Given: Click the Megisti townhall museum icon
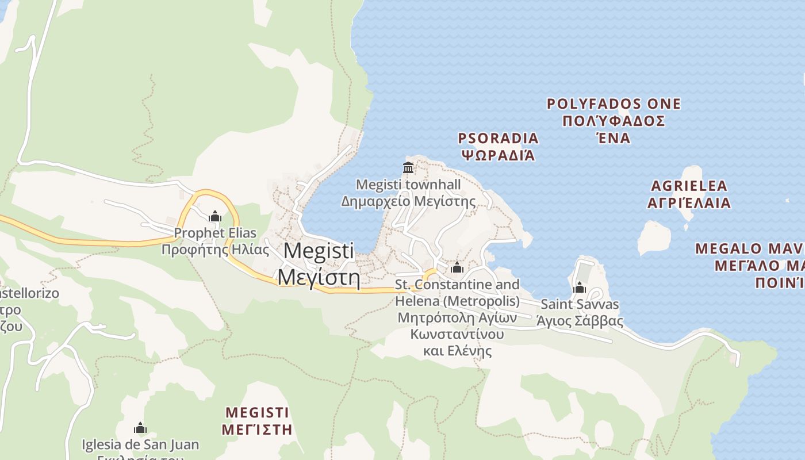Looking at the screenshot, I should click(408, 168).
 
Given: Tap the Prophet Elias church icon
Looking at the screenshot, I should click(215, 217).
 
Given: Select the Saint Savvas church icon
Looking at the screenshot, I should click(579, 287).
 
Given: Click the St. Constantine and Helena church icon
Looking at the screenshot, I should click(457, 268).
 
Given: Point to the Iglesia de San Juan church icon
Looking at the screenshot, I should click(140, 428).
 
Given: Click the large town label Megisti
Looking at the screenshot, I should click(319, 251).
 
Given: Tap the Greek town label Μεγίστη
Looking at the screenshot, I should click(319, 278).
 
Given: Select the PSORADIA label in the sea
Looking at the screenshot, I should click(498, 138).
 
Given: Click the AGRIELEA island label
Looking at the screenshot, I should click(689, 186).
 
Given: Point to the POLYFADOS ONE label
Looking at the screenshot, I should click(614, 104).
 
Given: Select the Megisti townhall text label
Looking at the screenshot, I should click(408, 185).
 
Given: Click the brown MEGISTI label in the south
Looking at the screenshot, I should click(257, 412).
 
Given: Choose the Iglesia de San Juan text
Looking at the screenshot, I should click(140, 444).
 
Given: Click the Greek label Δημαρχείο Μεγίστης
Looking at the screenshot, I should click(408, 201).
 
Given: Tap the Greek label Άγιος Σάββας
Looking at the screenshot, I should click(579, 321).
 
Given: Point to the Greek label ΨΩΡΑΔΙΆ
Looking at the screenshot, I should click(498, 155).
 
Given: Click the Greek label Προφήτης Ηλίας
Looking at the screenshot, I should click(215, 250).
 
